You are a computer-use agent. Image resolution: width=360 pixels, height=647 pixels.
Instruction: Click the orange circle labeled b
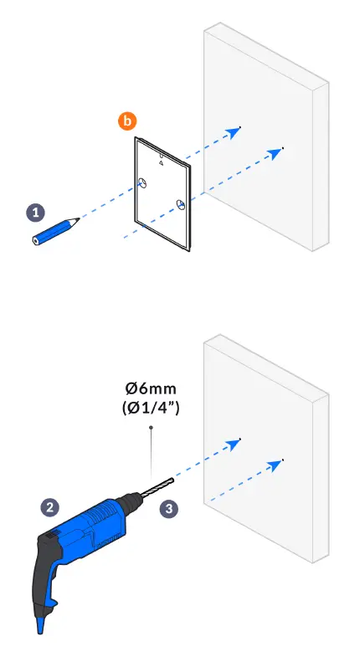(x=127, y=121)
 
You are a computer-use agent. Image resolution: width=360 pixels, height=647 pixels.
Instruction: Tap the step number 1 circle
(x=36, y=213)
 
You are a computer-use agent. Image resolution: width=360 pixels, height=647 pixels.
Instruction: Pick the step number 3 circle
(x=169, y=507)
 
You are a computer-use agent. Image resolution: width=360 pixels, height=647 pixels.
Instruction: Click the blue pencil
(x=55, y=230)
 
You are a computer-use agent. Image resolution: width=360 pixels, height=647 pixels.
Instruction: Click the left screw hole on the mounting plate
(x=142, y=183)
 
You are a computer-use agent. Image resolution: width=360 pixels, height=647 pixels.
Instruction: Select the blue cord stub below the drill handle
(x=39, y=624)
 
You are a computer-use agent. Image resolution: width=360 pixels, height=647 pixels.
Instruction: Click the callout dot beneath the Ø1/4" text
(x=150, y=427)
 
